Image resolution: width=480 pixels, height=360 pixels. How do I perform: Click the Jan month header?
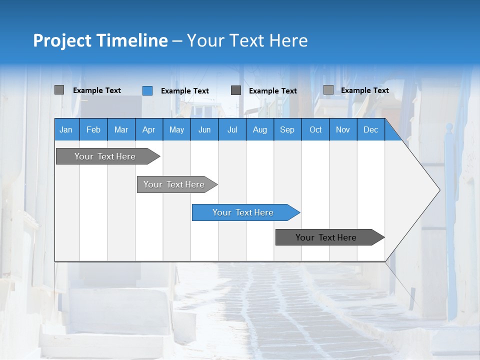pos(66,129)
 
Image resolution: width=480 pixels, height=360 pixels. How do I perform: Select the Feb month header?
pos(93,129)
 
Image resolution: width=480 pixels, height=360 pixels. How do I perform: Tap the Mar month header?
pos(121,129)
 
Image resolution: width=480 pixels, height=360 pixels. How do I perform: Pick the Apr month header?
pos(149,129)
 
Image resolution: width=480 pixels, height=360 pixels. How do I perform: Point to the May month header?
pos(176,129)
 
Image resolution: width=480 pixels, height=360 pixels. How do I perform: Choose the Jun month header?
pos(204,129)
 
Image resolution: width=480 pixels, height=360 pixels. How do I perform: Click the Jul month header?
pos(232,129)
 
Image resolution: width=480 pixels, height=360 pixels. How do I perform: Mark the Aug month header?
pos(260,129)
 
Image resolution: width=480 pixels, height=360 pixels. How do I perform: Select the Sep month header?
pos(287,129)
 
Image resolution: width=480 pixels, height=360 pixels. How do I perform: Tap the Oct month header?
pos(315,129)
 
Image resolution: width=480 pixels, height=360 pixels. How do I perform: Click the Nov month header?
pos(343,129)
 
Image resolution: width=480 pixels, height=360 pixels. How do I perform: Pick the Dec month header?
pos(371,129)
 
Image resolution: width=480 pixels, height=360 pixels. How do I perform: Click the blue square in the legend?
pos(147,90)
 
